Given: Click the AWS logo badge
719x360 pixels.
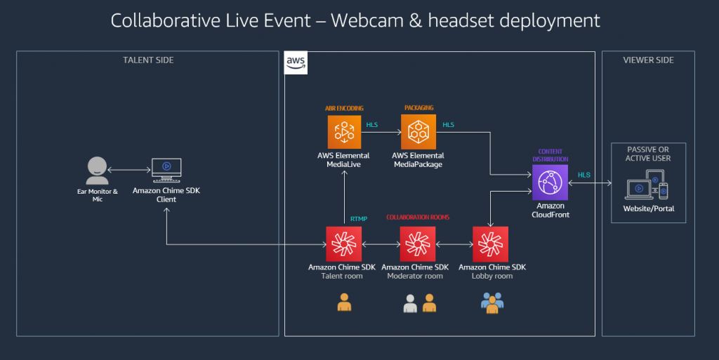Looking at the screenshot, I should point(295,62).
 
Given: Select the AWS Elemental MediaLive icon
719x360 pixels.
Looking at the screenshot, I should point(344,132).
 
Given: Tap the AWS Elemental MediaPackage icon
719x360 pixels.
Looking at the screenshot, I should point(418,132).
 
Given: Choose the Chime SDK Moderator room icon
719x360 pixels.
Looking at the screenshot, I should point(418,244).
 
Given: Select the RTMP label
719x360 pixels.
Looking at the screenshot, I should point(359,219).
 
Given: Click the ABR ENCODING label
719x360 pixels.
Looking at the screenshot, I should point(344,108).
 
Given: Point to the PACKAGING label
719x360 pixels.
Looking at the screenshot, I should point(418,108).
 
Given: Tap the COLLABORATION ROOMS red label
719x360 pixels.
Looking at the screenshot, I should point(418,218).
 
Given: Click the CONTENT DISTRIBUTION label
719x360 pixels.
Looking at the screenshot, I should point(550,156).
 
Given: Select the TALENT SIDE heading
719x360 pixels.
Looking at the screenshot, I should point(148,60).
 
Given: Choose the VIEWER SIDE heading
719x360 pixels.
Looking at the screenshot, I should point(648,60).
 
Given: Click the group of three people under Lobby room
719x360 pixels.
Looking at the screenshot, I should point(492,302).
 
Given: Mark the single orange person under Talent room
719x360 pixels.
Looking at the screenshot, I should point(344,302).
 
